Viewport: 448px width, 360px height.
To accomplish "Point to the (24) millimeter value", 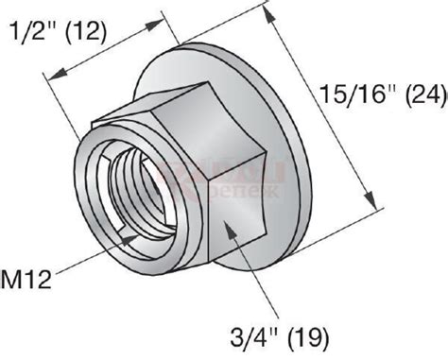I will coord(420,94).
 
